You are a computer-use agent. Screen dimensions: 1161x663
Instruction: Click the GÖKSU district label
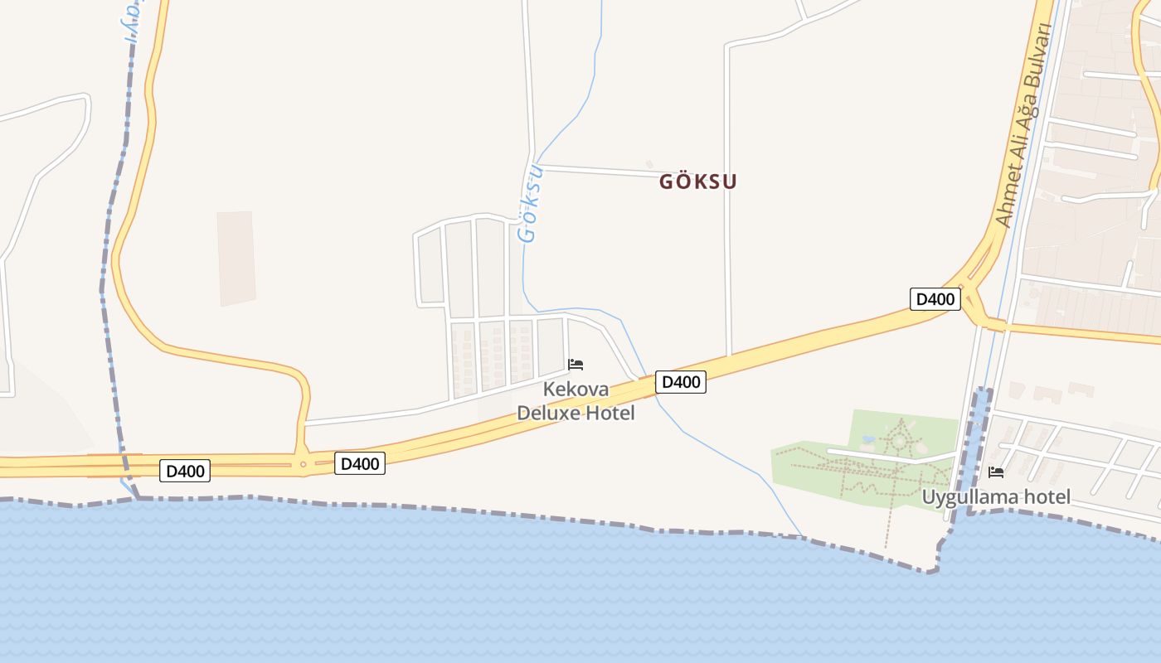pyautogui.click(x=697, y=181)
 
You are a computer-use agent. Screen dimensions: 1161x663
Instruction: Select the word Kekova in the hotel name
pyautogui.click(x=576, y=390)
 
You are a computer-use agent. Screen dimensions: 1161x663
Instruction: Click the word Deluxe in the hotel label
pyautogui.click(x=550, y=413)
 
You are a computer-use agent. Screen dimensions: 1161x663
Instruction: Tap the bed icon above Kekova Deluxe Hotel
pyautogui.click(x=576, y=364)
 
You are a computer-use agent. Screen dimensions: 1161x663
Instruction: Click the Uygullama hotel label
pyautogui.click(x=996, y=497)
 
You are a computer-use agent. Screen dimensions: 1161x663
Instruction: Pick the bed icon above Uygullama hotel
pyautogui.click(x=996, y=472)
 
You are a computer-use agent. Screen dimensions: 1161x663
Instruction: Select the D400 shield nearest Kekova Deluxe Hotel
pyautogui.click(x=681, y=382)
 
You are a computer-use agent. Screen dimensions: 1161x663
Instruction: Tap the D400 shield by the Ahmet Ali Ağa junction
pyautogui.click(x=935, y=299)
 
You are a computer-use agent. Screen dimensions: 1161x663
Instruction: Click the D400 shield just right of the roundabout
pyautogui.click(x=360, y=464)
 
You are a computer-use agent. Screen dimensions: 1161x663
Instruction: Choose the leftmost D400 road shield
pyautogui.click(x=184, y=472)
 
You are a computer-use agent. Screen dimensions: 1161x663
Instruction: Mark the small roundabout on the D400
pyautogui.click(x=303, y=464)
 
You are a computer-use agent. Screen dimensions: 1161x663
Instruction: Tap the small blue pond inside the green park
pyautogui.click(x=868, y=439)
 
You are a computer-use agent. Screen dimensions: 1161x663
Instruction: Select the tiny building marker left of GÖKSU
pyautogui.click(x=649, y=164)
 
